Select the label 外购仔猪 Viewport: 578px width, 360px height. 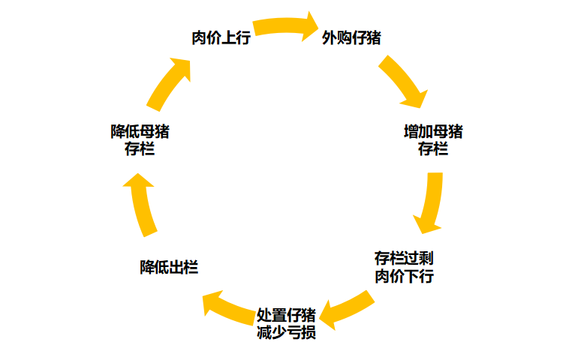pyautogui.click(x=351, y=38)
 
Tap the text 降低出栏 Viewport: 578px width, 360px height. pyautogui.click(x=169, y=267)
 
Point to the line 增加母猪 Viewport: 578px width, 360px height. pyautogui.click(x=433, y=132)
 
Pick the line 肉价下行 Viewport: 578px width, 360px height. pyautogui.click(x=404, y=276)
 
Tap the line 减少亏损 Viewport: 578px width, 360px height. pyautogui.click(x=286, y=331)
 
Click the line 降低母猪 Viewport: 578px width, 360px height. pyautogui.click(x=140, y=132)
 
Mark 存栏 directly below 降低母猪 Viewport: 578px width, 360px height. pyautogui.click(x=140, y=148)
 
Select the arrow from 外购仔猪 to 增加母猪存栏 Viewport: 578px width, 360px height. pyautogui.click(x=403, y=81)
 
